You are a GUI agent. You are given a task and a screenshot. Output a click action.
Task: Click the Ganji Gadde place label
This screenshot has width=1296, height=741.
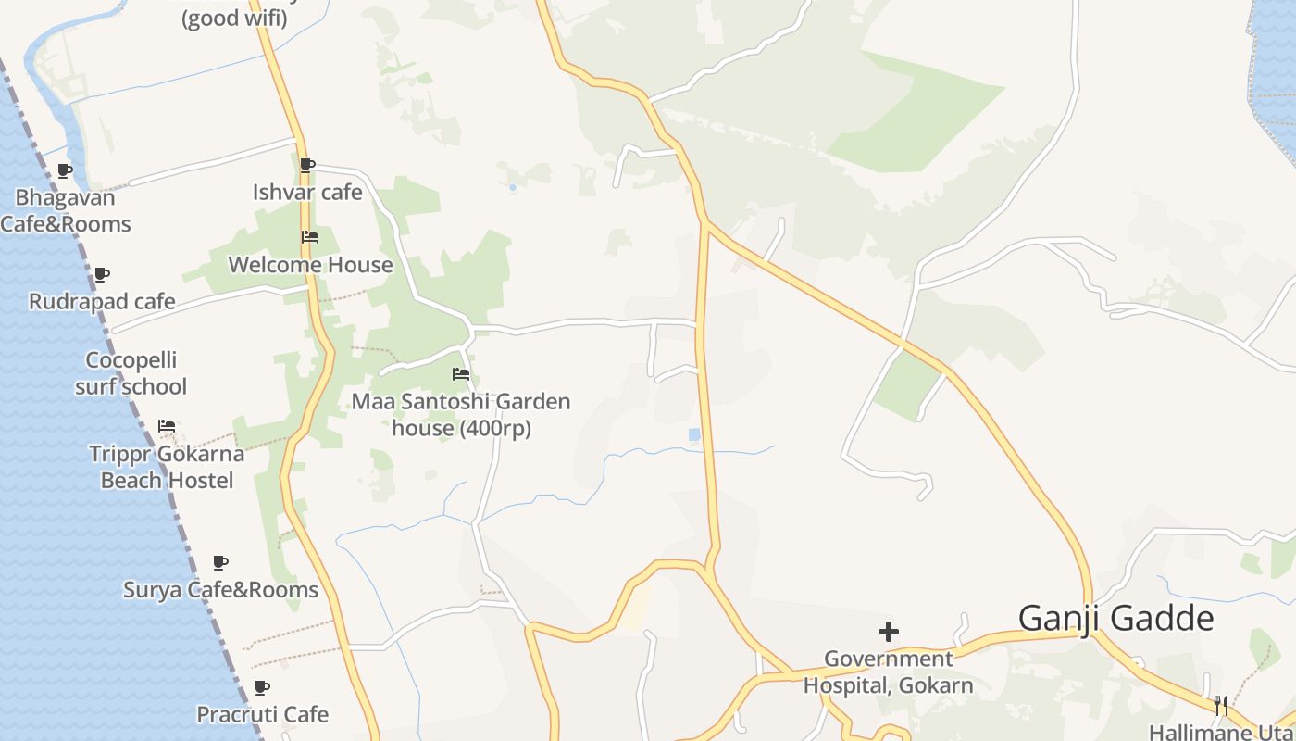(1115, 618)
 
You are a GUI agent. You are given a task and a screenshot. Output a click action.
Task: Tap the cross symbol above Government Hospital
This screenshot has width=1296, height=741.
(888, 632)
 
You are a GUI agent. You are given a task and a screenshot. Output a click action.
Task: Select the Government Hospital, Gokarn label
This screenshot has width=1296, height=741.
(888, 672)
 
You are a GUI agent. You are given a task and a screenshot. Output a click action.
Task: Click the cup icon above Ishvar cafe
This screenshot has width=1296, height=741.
(307, 166)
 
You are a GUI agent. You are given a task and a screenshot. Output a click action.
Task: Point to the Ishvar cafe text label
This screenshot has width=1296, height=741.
(307, 193)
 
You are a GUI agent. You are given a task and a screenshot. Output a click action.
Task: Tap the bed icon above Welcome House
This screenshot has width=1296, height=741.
(310, 238)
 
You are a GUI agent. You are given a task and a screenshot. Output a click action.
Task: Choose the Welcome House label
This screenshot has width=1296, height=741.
(310, 265)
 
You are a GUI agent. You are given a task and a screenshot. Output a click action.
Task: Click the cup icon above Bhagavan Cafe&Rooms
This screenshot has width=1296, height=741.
(65, 170)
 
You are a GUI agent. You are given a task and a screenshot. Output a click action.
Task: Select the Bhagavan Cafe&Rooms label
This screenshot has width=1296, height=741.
(65, 211)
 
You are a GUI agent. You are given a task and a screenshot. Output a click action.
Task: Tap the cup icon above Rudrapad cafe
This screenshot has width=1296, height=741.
(102, 274)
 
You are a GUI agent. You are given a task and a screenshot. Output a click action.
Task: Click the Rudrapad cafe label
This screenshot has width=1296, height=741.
(102, 302)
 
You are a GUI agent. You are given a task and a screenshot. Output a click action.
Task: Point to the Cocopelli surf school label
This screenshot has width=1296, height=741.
(131, 373)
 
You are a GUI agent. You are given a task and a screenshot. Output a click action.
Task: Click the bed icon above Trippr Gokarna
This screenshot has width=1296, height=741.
(167, 426)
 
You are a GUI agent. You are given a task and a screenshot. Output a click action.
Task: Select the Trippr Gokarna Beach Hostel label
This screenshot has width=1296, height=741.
(167, 467)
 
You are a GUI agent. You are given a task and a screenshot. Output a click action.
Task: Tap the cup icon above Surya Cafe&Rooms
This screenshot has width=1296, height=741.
(220, 562)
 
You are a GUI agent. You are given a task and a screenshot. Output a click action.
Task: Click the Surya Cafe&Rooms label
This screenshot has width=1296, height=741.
(220, 590)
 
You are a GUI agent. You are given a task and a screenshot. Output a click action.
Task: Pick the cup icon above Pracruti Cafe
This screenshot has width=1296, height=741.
(262, 687)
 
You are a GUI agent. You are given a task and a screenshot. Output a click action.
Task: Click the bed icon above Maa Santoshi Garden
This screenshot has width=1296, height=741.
(461, 374)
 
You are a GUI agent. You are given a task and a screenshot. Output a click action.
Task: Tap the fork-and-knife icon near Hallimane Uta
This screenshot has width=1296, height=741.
(1221, 706)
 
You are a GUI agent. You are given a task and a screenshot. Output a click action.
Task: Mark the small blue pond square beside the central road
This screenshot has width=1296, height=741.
(694, 433)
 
